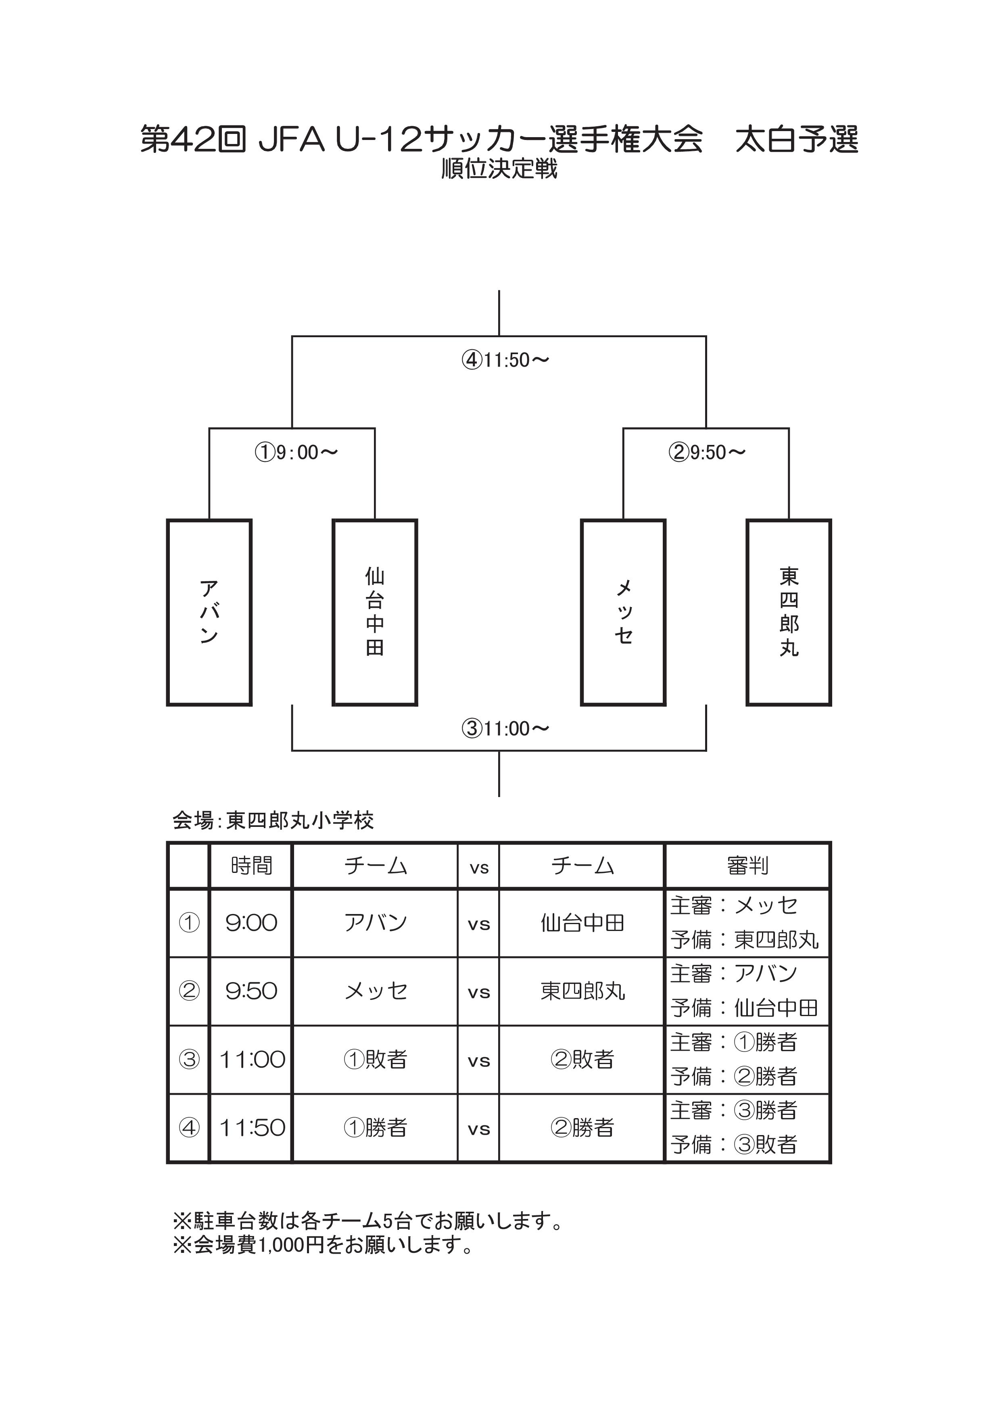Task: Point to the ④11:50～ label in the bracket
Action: click(505, 360)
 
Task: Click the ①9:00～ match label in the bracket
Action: click(296, 452)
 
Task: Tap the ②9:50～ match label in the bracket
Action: click(707, 452)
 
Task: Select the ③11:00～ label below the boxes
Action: click(505, 728)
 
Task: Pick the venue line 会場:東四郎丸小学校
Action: click(273, 820)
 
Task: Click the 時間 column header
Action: click(251, 866)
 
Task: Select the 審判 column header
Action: click(748, 866)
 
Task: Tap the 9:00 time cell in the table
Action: click(251, 922)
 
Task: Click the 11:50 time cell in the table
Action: click(253, 1128)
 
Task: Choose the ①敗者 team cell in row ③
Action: click(375, 1059)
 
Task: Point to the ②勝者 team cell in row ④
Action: click(582, 1128)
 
